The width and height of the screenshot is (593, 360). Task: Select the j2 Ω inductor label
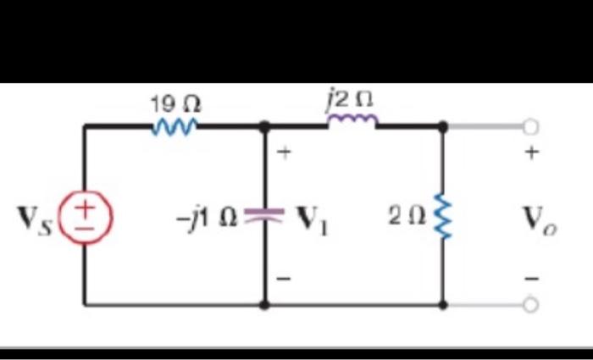351,101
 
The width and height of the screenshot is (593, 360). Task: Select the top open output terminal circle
530,127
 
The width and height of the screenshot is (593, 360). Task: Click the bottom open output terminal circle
530,305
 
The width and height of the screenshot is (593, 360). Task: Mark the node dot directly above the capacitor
264,127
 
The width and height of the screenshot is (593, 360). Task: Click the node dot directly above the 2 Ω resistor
441,127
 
